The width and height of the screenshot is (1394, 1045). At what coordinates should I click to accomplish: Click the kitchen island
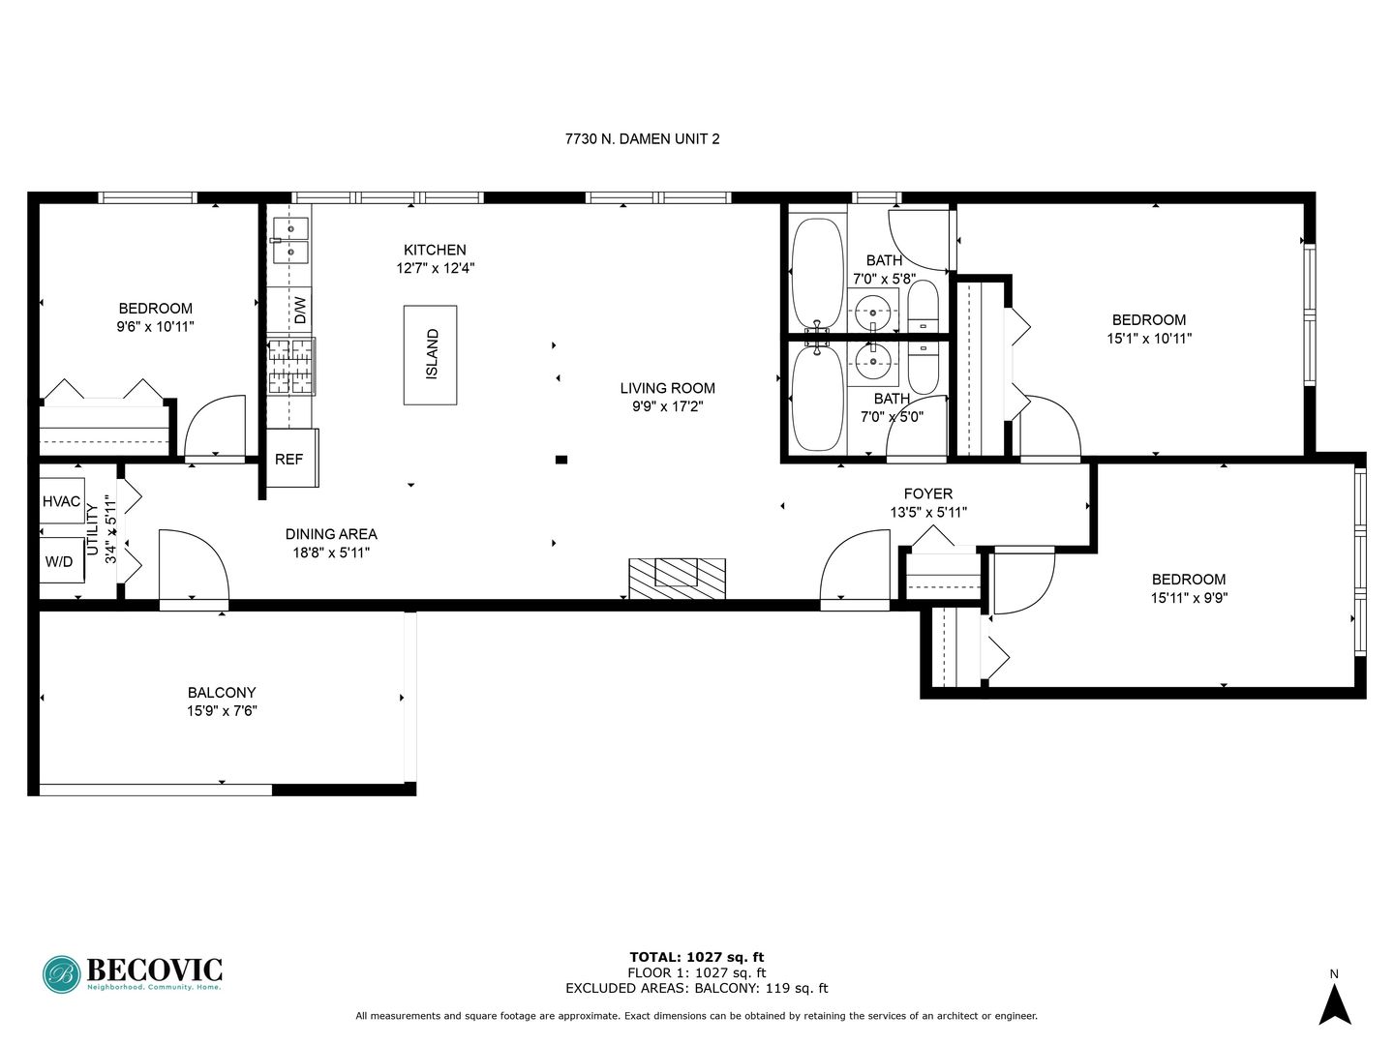[430, 355]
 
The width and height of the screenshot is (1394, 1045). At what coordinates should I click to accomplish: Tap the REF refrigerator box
[292, 458]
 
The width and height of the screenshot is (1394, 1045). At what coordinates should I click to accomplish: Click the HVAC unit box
[62, 500]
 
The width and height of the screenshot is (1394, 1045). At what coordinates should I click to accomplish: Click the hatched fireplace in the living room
[677, 578]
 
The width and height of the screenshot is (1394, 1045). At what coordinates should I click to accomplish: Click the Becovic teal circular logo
[62, 974]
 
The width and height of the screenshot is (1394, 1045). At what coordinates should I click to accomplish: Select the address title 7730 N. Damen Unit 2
[642, 139]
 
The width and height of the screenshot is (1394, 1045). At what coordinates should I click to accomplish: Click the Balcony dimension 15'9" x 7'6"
[222, 710]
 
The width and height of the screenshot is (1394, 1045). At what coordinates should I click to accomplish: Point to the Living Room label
[667, 388]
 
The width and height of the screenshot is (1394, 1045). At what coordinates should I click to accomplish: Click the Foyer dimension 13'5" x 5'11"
[928, 512]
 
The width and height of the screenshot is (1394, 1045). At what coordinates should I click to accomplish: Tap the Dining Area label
[331, 534]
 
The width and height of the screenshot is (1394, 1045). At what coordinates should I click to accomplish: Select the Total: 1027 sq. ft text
[697, 957]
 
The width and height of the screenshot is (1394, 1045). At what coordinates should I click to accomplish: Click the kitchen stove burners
[291, 367]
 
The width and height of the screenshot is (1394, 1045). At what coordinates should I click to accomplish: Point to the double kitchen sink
[290, 240]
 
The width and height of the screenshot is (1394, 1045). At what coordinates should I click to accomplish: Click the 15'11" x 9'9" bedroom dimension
[1189, 598]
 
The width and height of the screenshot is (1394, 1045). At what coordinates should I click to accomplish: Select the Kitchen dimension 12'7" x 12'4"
[435, 268]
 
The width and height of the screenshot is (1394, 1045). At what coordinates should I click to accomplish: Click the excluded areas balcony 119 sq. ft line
[697, 988]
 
